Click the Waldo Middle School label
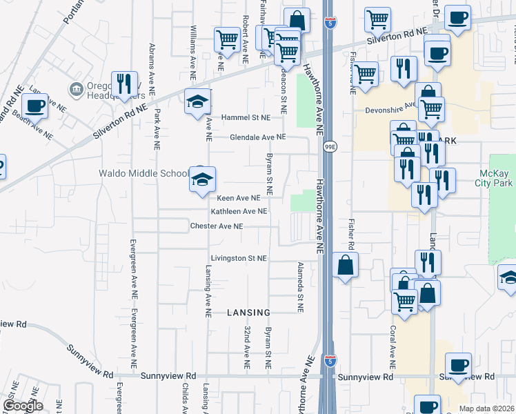click(143, 173)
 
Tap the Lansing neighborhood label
click(247, 313)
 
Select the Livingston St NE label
click(238, 258)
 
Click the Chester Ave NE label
click(217, 226)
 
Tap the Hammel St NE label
click(246, 117)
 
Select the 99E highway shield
click(330, 146)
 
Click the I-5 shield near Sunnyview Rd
click(330, 360)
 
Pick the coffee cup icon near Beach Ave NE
click(34, 106)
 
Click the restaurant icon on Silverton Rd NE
click(124, 83)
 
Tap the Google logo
click(23, 406)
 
